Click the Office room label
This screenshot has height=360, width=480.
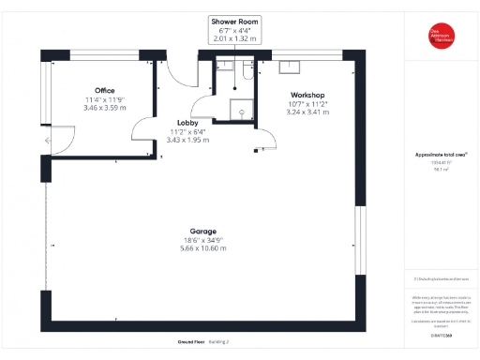click(x=92, y=91)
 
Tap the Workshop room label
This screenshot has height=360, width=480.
click(x=307, y=96)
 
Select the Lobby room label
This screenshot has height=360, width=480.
click(x=187, y=123)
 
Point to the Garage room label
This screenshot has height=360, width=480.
click(x=202, y=232)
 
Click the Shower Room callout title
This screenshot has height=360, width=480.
click(x=234, y=21)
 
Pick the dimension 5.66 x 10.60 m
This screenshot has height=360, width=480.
click(x=203, y=249)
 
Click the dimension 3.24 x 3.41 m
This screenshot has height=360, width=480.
click(x=307, y=112)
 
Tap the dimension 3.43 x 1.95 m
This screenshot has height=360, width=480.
click(x=187, y=140)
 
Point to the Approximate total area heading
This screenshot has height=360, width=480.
click(x=441, y=154)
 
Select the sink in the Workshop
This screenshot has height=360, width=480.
click(x=291, y=67)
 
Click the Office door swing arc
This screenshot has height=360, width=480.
click(x=142, y=130)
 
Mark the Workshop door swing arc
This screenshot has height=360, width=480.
click(x=267, y=141)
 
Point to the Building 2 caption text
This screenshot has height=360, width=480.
click(x=219, y=341)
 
